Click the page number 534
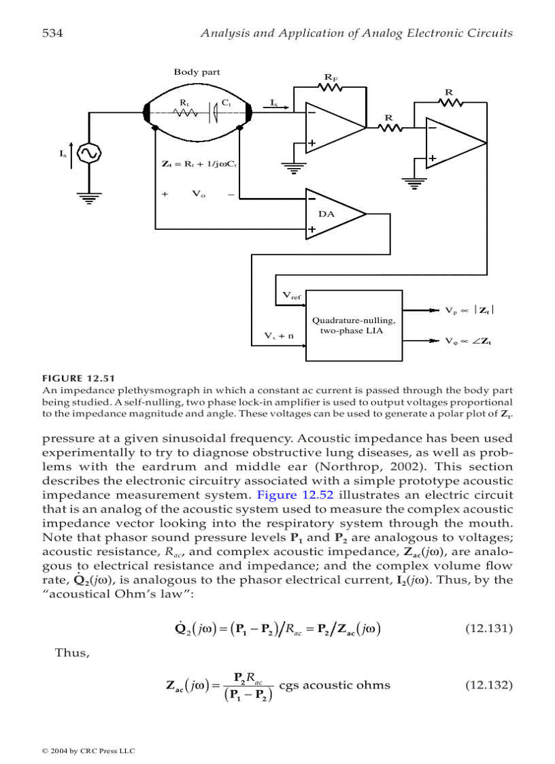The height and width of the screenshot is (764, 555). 52,33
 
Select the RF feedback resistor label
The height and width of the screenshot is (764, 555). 331,79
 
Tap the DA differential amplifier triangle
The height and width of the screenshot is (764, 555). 333,214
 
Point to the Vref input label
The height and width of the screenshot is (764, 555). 292,295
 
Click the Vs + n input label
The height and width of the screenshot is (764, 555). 279,335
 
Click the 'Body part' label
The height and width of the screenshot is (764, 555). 197,72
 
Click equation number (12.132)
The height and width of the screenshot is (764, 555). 488,684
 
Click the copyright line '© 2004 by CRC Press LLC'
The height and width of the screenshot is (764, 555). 88,750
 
